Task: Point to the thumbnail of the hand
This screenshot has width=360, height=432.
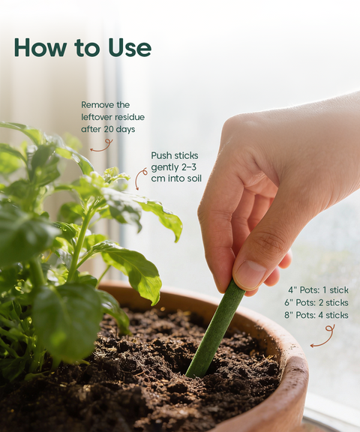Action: [250, 274]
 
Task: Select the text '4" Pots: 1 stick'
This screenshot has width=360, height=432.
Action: [318, 289]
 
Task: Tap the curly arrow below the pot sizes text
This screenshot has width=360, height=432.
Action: [322, 336]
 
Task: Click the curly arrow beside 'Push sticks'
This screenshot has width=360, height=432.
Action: [140, 178]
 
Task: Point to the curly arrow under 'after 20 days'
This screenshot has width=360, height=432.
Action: [102, 144]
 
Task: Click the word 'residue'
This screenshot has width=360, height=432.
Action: [129, 117]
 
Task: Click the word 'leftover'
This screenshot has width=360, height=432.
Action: [97, 117]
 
